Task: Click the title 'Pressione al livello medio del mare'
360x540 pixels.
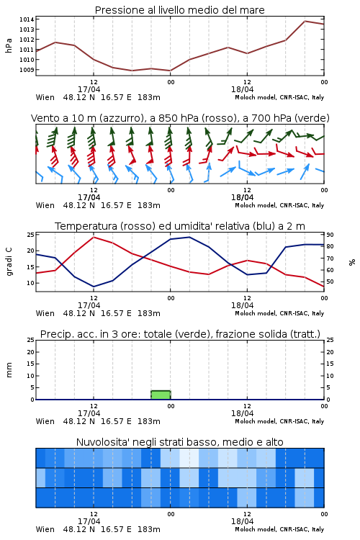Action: point(179,10)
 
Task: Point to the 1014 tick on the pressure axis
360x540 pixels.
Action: point(27,19)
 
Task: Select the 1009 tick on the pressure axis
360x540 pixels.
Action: point(27,70)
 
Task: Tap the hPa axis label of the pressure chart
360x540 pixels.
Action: point(9,45)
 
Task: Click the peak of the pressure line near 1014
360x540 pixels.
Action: point(305,21)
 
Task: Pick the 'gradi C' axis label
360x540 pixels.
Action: point(9,262)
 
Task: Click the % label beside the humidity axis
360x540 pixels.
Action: point(352,262)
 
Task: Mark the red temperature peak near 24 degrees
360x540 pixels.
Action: point(94,237)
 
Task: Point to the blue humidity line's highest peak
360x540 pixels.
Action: point(189,237)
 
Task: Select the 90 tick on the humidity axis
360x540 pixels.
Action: point(330,235)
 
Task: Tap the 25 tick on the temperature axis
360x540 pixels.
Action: point(30,235)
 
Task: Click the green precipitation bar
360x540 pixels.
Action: point(161,395)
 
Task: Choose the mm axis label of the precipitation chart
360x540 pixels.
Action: point(9,370)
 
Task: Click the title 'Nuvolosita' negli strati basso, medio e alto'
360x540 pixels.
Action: point(179,442)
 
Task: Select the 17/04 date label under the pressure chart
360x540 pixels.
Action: point(89,89)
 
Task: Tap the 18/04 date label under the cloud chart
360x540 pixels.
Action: point(242,521)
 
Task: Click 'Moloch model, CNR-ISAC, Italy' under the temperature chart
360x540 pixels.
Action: point(279,313)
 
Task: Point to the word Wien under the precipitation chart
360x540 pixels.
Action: point(45,421)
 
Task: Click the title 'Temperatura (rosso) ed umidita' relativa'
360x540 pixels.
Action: point(180,226)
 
